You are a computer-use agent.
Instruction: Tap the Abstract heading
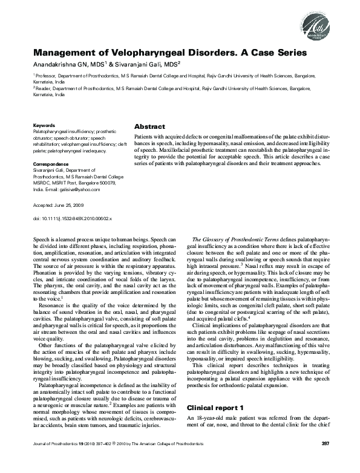(149, 127)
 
